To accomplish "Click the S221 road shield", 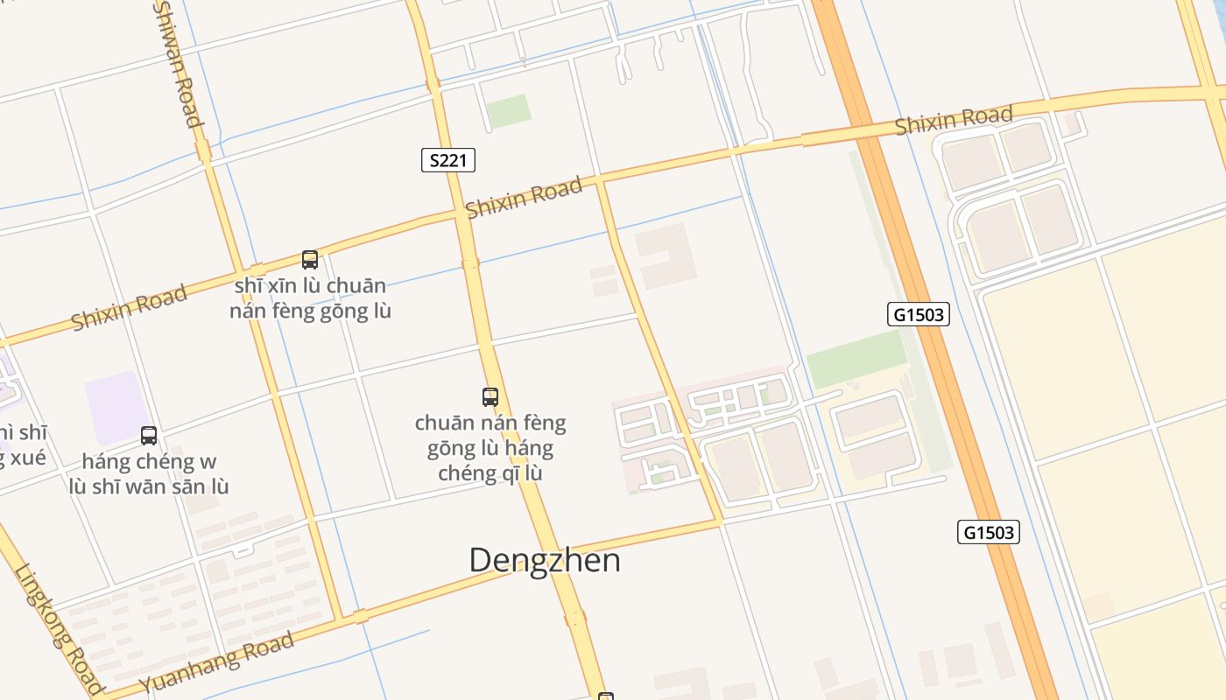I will pyautogui.click(x=448, y=160).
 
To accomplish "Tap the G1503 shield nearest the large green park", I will pyautogui.click(x=919, y=314).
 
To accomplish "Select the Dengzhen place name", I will pyautogui.click(x=545, y=560).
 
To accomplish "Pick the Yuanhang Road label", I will pyautogui.click(x=216, y=662).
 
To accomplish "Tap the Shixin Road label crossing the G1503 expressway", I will pyautogui.click(x=954, y=120).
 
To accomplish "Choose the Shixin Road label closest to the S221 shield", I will pyautogui.click(x=524, y=198).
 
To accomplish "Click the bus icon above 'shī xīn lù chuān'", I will pyautogui.click(x=310, y=260).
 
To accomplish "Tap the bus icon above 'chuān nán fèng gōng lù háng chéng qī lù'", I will pyautogui.click(x=490, y=397).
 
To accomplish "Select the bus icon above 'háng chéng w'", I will pyautogui.click(x=149, y=436).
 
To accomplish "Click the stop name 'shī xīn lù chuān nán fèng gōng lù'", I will pyautogui.click(x=310, y=298).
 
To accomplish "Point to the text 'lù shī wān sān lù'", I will pyautogui.click(x=149, y=486).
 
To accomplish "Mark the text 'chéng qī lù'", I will pyautogui.click(x=490, y=474).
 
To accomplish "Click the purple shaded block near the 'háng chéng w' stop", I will pyautogui.click(x=116, y=407).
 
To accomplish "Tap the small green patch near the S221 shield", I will pyautogui.click(x=508, y=111).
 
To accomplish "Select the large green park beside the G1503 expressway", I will pyautogui.click(x=856, y=360).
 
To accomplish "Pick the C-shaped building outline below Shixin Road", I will pyautogui.click(x=666, y=255).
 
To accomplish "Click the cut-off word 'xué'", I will pyautogui.click(x=26, y=458).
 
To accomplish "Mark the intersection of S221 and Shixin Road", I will pyautogui.click(x=461, y=213).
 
